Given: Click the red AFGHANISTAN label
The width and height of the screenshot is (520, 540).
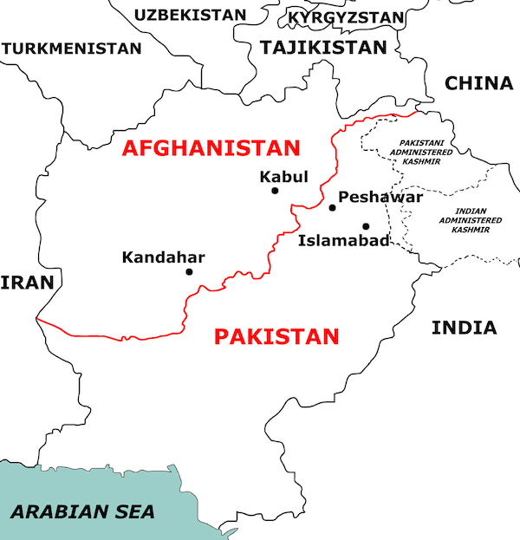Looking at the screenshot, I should click(x=211, y=147).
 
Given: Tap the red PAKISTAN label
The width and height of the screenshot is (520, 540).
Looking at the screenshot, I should click(x=276, y=336).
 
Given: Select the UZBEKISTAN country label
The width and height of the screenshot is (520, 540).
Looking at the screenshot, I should click(x=189, y=15).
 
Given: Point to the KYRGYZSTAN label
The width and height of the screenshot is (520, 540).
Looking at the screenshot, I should click(x=346, y=17).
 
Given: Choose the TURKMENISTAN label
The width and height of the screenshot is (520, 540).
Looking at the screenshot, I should click(x=71, y=49).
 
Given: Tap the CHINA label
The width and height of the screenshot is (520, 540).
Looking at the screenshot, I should click(x=478, y=83).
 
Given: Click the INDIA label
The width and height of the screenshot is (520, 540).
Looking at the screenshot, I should click(x=465, y=328).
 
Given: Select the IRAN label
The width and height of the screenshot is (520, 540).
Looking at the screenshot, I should click(x=28, y=283).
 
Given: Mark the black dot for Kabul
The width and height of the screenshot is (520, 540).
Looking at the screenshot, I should click(x=275, y=191).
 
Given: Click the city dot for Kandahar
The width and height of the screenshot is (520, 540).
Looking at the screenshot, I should click(x=189, y=271).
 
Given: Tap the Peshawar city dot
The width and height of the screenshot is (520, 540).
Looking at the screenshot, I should click(x=332, y=208).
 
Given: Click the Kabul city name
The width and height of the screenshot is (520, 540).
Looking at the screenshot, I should click(x=283, y=177).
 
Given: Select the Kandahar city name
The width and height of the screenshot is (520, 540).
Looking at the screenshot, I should click(x=163, y=257).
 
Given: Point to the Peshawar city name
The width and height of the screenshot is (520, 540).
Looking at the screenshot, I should click(x=380, y=198).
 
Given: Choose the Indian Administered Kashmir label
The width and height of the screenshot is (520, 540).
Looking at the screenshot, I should click(x=471, y=220).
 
